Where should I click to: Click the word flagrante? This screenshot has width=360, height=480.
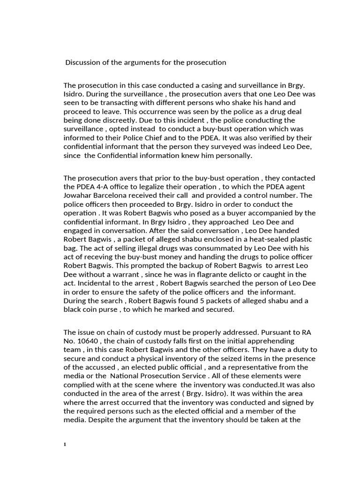(228, 274)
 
